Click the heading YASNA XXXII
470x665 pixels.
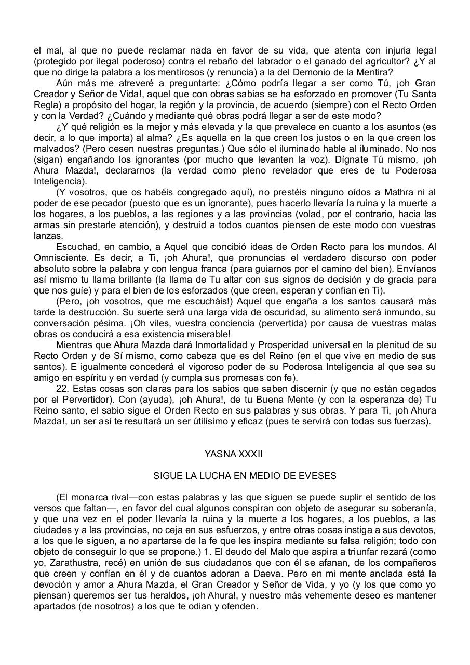234,454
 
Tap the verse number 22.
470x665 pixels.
63,389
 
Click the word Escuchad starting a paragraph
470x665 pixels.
75,247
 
